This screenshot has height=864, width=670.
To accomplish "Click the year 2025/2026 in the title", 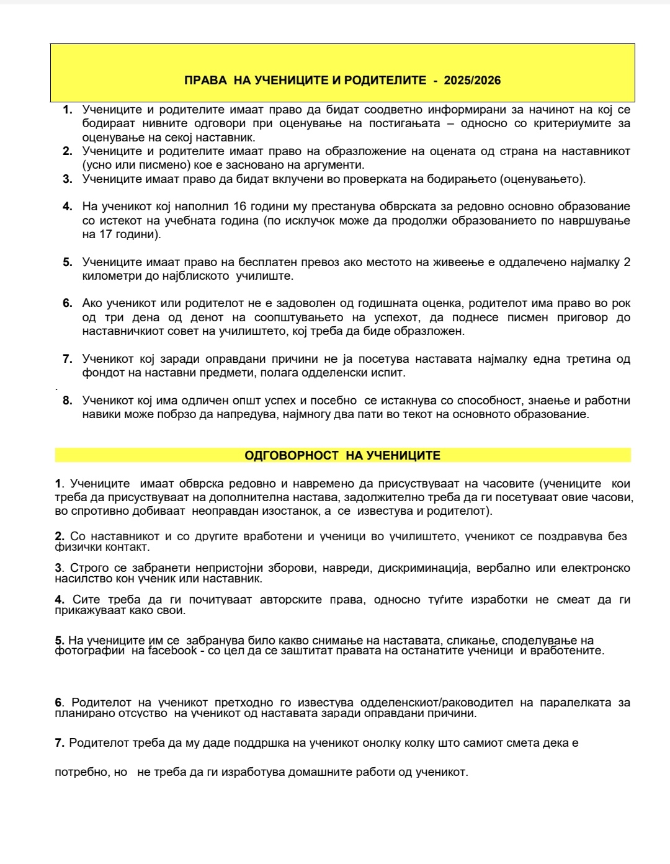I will (472, 80).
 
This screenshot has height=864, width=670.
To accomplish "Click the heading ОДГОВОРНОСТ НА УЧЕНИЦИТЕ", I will (342, 455).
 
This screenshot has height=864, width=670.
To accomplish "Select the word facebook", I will (172, 651).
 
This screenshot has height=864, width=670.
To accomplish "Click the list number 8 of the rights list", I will (68, 401).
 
